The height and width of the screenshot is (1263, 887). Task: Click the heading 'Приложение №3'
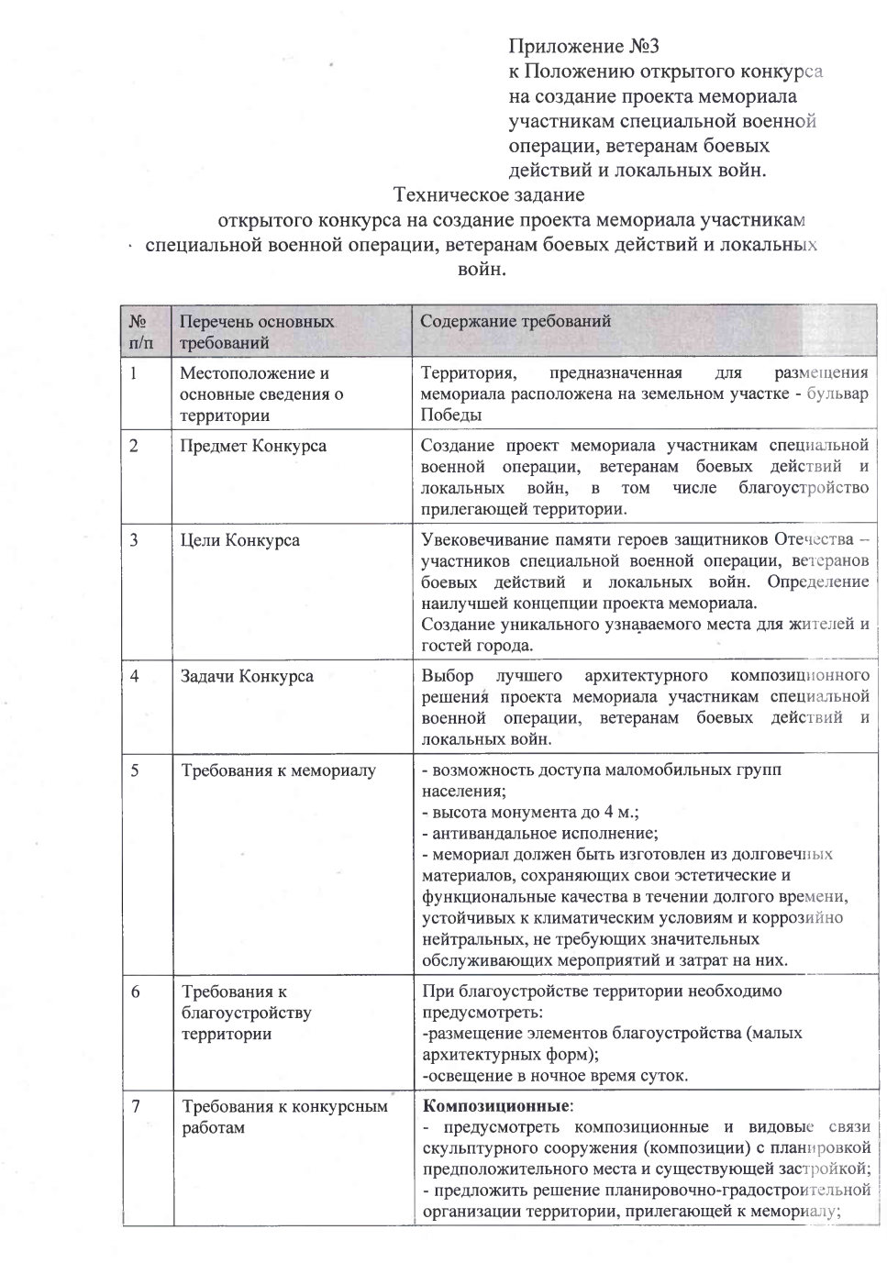tap(584, 47)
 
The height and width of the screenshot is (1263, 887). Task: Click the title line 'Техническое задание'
tap(488, 195)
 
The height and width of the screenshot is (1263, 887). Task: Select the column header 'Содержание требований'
tap(516, 322)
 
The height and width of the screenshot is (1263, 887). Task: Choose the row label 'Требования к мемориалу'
tap(278, 770)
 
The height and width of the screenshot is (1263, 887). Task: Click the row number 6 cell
tap(135, 992)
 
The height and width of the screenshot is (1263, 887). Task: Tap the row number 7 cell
tap(135, 1106)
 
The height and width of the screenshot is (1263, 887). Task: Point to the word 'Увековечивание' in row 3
tap(480, 539)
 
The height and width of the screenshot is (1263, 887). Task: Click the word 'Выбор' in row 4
tap(448, 676)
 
